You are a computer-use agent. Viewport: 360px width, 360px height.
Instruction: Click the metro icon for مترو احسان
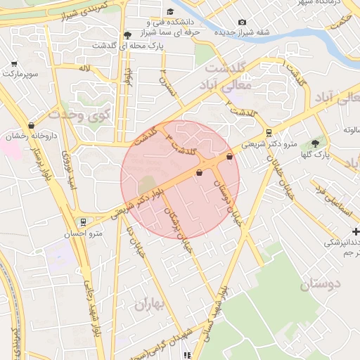tap(84, 222)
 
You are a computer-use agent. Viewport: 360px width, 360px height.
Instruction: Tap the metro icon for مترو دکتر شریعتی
tap(269, 133)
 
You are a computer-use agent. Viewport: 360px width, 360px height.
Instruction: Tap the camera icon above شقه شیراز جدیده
tap(243, 22)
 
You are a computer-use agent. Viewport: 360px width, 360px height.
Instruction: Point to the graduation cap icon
tap(127, 35)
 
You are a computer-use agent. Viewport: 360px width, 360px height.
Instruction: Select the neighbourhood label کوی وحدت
tap(78, 115)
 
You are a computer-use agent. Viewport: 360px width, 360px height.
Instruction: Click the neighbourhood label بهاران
tap(148, 304)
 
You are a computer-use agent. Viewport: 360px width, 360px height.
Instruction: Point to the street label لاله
tap(85, 69)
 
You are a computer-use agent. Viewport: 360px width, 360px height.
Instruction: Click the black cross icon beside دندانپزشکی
tap(355, 231)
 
